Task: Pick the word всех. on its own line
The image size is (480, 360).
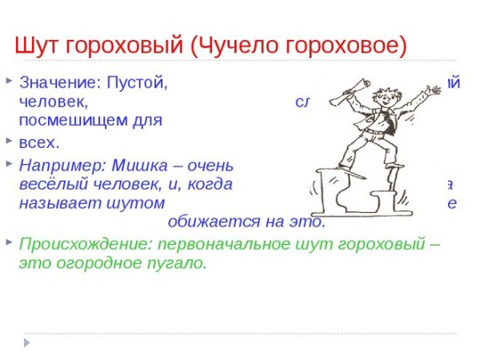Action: (39, 145)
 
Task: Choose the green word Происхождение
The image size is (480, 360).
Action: (85, 243)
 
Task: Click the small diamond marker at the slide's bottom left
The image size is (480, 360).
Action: (26, 342)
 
